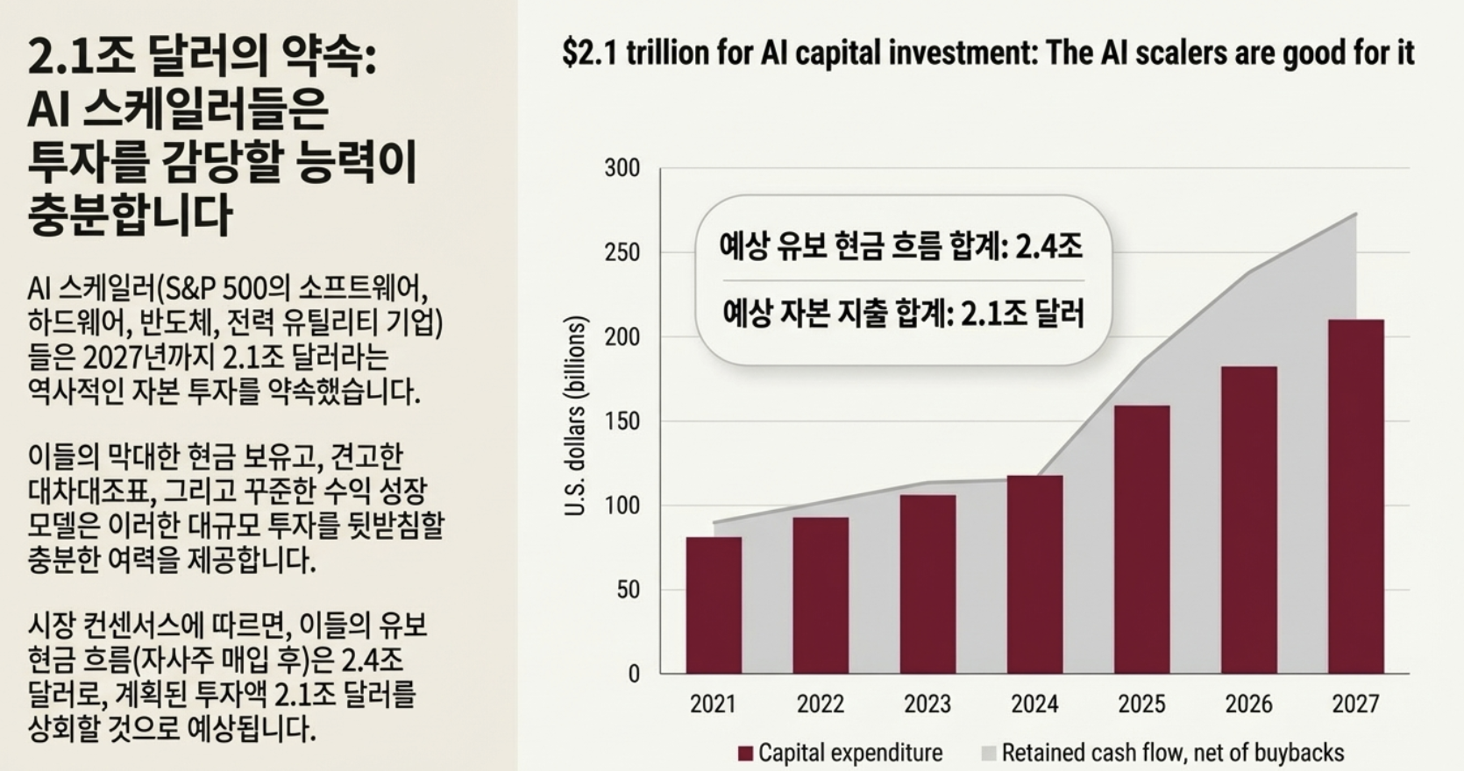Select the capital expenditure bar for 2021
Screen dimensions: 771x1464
pos(714,605)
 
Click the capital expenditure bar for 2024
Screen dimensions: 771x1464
pos(1034,574)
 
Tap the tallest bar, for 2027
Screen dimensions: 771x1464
pos(1355,496)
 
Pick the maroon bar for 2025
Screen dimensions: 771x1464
pos(1141,539)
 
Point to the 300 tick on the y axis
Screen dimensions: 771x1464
pos(622,168)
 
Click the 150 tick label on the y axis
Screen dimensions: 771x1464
pos(622,421)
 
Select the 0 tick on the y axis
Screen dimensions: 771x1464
pos(633,674)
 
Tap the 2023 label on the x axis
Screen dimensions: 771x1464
pos(927,704)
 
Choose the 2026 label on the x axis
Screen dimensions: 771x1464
pos(1248,704)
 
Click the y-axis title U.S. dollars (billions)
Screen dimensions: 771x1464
pos(575,417)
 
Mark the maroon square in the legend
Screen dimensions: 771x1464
pos(745,753)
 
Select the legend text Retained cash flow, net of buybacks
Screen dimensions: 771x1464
pos(1172,753)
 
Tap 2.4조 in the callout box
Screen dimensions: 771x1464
pos(1048,246)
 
